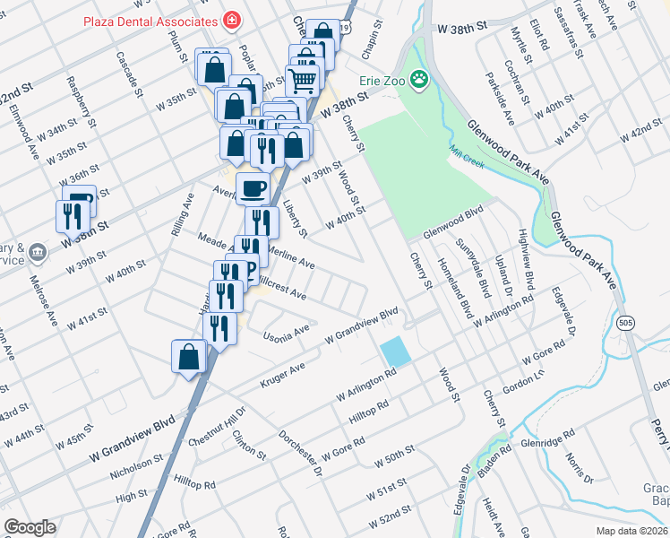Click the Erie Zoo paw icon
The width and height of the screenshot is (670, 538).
coord(418,80)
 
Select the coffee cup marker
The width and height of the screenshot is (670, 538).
coord(252,188)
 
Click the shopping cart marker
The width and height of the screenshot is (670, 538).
coord(303,81)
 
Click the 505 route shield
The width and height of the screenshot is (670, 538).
coord(626,321)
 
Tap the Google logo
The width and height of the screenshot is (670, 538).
coord(30,527)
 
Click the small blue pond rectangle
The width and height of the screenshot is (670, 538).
coord(395,351)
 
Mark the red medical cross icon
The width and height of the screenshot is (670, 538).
coord(232,19)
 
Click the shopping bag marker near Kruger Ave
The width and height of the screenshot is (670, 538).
coord(189,357)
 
